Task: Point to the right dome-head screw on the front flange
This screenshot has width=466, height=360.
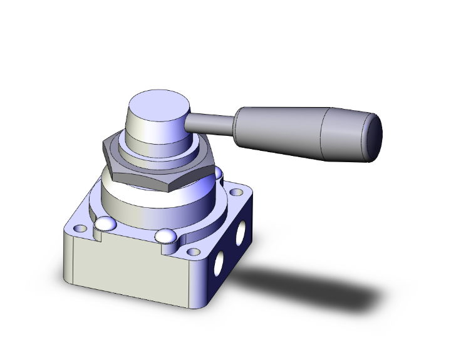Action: pos(166,236)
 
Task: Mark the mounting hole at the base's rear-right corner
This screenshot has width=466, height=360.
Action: pos(236,193)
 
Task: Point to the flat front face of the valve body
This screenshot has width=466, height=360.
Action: pos(125,269)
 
